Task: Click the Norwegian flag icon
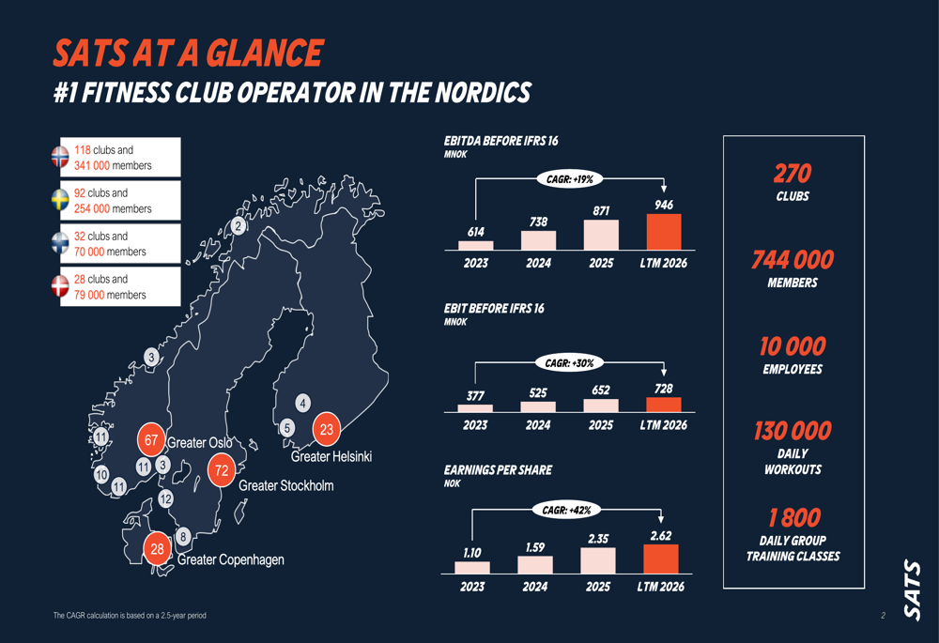60,157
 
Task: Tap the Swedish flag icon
60,200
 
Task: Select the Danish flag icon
60,286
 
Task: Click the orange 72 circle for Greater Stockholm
222,470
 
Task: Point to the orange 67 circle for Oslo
151,440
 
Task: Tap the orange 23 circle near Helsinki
327,429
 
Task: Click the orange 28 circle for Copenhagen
157,548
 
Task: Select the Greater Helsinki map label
331,457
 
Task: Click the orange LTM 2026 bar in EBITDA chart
664,232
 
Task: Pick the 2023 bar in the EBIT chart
475,408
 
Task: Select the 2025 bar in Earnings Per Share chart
597,560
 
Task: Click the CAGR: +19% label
570,179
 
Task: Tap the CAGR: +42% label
566,510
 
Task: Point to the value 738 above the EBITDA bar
538,222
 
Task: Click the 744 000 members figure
793,260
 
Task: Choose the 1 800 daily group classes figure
794,518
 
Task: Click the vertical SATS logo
912,590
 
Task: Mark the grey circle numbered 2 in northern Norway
239,226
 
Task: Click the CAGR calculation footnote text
130,616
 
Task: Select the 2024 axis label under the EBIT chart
538,425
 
